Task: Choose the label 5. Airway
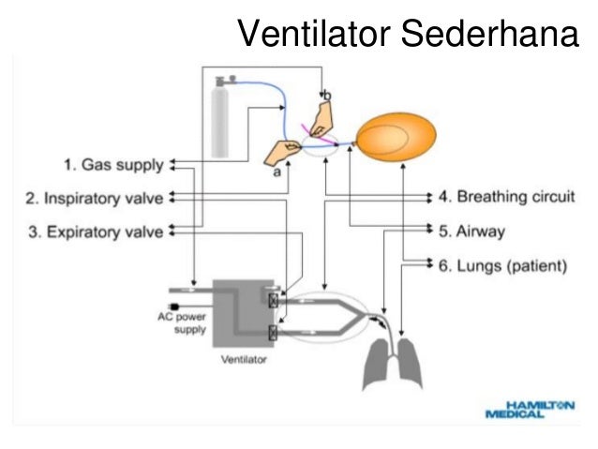(473, 231)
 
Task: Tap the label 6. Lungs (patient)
(502, 265)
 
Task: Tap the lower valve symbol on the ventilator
(273, 332)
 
